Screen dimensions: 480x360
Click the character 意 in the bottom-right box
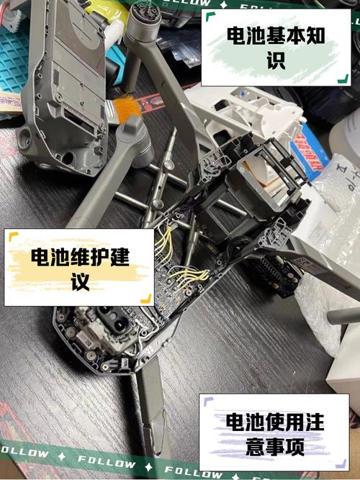245,448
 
